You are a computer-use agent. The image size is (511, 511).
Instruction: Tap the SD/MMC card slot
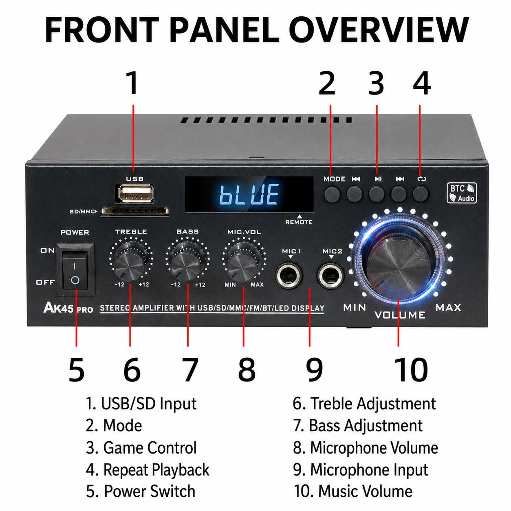[135, 211]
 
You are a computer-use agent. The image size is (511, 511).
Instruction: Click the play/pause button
[377, 194]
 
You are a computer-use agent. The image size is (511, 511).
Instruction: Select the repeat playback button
[421, 193]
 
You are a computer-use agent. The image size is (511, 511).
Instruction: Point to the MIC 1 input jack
[289, 276]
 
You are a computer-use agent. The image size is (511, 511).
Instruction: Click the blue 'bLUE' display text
[249, 194]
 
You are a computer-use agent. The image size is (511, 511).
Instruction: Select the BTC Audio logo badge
[462, 193]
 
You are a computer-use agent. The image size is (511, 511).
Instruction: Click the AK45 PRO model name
[68, 308]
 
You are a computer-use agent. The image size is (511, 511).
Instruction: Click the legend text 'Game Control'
[150, 448]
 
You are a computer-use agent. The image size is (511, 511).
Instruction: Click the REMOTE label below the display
[299, 222]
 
